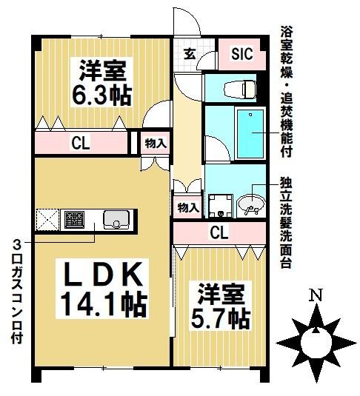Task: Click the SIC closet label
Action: [241, 53]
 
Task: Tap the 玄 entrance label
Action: [190, 53]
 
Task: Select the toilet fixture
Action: [241, 88]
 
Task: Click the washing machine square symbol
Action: [220, 204]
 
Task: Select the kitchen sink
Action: [117, 219]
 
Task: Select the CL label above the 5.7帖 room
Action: [219, 234]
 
